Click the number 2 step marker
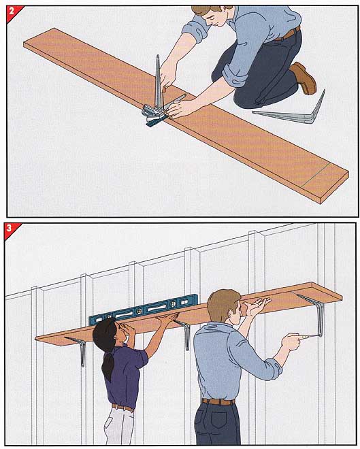12,12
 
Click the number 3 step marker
10,228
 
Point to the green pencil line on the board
316,176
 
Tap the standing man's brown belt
218,402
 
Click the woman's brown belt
123,408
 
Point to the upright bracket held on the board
157,83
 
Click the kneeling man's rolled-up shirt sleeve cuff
233,75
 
